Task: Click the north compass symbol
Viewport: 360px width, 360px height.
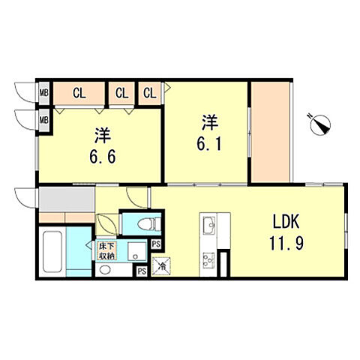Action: click(320, 124)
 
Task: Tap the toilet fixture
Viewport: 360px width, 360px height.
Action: click(149, 223)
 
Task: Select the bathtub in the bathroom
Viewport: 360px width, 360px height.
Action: click(52, 251)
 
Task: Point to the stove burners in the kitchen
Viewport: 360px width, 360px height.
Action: click(208, 260)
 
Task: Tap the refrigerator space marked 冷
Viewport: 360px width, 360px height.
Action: click(161, 266)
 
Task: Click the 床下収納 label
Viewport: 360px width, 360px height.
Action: click(106, 251)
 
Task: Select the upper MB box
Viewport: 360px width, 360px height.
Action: click(44, 93)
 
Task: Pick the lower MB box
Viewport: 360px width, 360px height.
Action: click(44, 120)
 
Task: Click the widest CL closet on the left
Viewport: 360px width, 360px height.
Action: click(79, 93)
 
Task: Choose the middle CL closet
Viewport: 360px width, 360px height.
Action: click(121, 93)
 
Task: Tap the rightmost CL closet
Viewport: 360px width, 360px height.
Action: click(149, 93)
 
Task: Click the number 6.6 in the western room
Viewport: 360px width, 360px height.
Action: click(103, 157)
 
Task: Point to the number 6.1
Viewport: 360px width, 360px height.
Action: click(209, 144)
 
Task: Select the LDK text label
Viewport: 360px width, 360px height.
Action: click(286, 221)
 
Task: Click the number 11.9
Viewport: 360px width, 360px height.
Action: click(286, 243)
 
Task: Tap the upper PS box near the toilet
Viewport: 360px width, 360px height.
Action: click(156, 244)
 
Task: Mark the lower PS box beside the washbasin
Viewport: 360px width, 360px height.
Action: click(142, 271)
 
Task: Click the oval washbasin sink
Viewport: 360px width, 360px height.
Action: click(104, 270)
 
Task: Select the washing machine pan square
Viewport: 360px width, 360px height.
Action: click(136, 251)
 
